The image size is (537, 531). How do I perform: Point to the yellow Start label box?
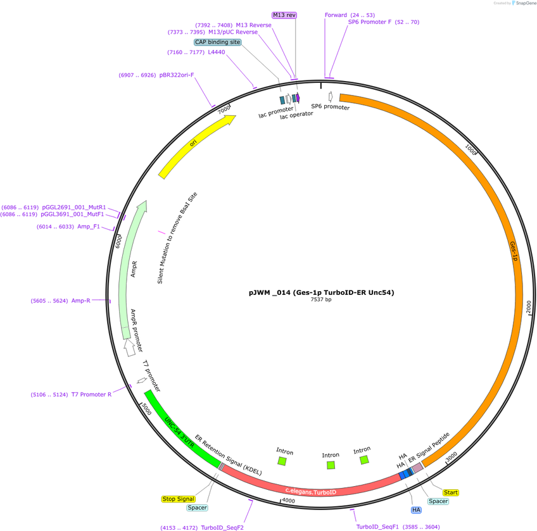click(451, 492)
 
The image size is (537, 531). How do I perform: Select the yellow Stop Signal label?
click(179, 499)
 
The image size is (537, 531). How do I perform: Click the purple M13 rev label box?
click(284, 15)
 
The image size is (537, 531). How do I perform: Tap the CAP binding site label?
click(217, 42)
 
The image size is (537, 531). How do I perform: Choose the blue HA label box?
click(416, 509)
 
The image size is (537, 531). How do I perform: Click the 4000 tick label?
click(288, 501)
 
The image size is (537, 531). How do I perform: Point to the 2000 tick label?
click(528, 307)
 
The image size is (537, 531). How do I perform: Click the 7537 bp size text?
click(321, 299)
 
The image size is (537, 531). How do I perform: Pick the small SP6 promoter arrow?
click(331, 97)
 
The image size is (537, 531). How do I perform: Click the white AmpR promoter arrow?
click(129, 347)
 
